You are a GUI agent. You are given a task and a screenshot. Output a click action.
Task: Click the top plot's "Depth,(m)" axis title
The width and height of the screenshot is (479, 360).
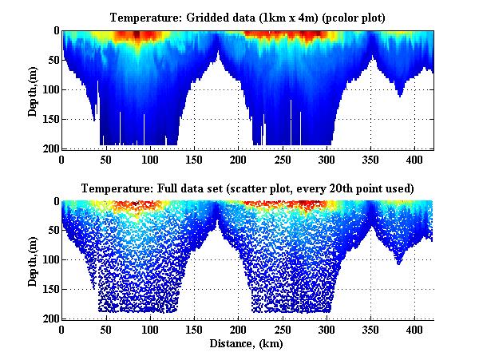(x=34, y=89)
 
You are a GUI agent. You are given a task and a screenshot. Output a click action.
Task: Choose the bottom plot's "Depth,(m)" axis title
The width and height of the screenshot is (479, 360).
(x=34, y=260)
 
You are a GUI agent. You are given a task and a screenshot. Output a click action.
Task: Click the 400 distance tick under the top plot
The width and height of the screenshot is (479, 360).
(x=415, y=160)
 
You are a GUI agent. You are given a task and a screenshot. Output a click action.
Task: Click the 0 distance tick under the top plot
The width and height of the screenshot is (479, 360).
(x=61, y=160)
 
